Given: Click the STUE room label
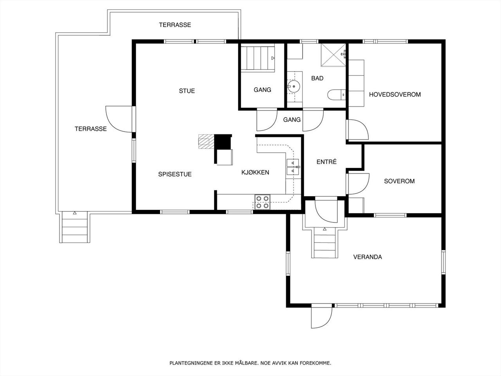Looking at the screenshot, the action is click(x=187, y=91).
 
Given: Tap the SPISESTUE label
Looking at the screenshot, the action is click(x=175, y=174).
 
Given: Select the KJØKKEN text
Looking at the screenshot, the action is click(x=255, y=172).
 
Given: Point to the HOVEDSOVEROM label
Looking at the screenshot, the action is click(x=395, y=94).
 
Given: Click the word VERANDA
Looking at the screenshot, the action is click(x=368, y=257).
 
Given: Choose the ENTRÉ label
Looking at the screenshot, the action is click(x=326, y=162).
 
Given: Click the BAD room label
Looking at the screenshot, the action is click(x=317, y=78).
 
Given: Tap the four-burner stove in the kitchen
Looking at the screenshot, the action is click(x=263, y=202).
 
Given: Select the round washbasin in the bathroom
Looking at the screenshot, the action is click(x=294, y=86).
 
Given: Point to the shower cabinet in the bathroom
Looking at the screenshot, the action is click(x=333, y=55).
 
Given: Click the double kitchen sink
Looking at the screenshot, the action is click(x=293, y=167).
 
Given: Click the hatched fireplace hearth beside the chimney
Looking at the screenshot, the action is click(x=206, y=141).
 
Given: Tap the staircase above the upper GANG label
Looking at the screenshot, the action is click(x=258, y=59).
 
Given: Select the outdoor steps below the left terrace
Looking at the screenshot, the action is click(x=75, y=227).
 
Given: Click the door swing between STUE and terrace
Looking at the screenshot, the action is click(x=119, y=119).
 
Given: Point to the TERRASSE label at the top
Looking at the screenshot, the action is click(x=175, y=25).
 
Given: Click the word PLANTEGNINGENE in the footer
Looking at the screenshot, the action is click(x=191, y=363).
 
